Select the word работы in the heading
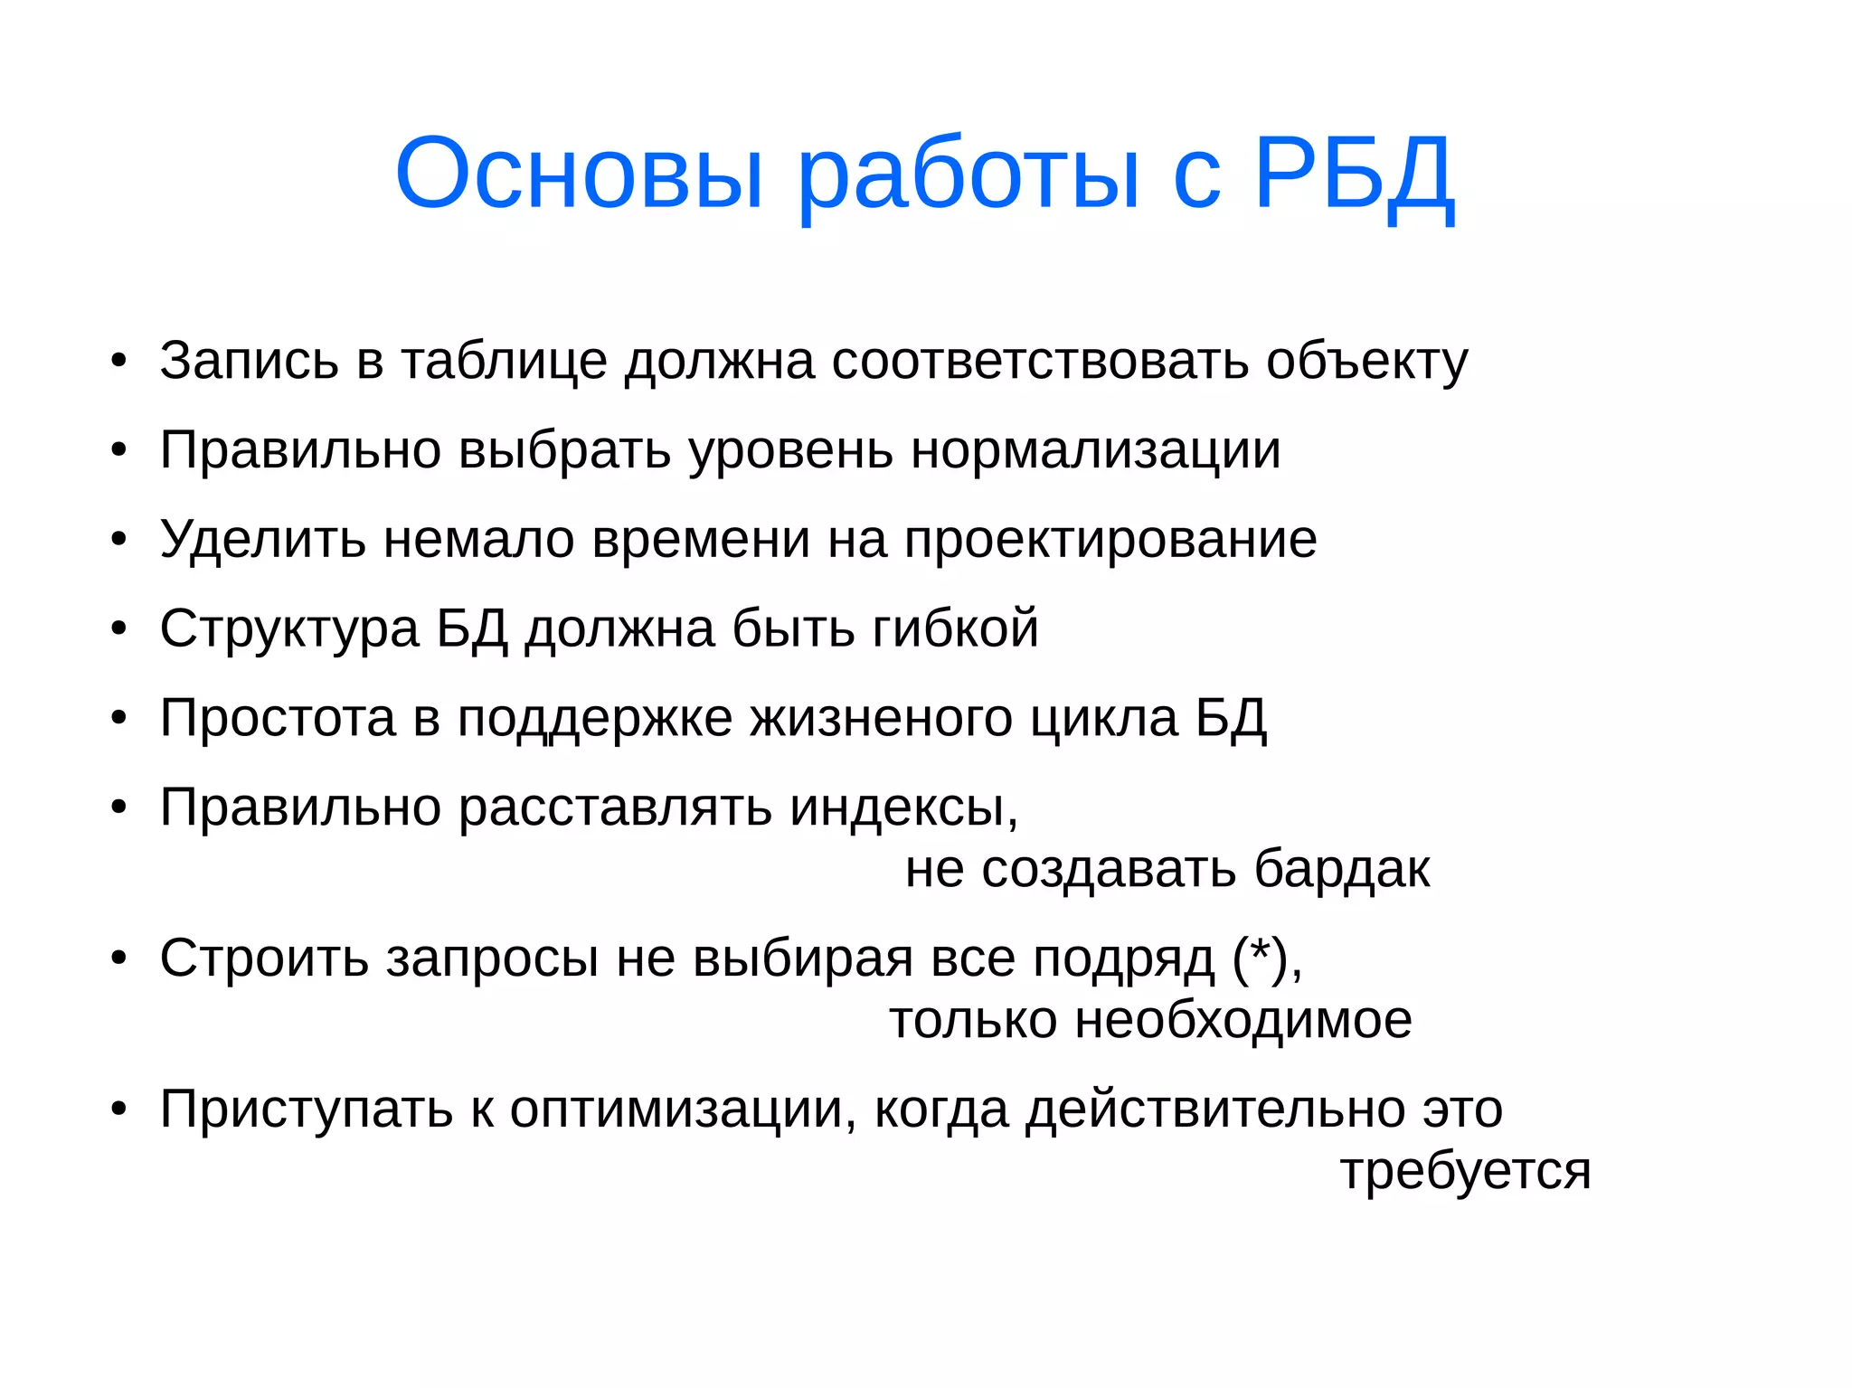coord(968,174)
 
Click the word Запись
coord(249,361)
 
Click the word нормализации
coord(1095,449)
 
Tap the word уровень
coord(790,449)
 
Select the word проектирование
coord(1110,540)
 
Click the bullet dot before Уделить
coord(119,540)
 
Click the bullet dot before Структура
coord(119,628)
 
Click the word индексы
coord(903,807)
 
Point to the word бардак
coord(1342,869)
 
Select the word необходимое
coord(1243,1020)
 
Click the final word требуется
coord(1465,1171)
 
